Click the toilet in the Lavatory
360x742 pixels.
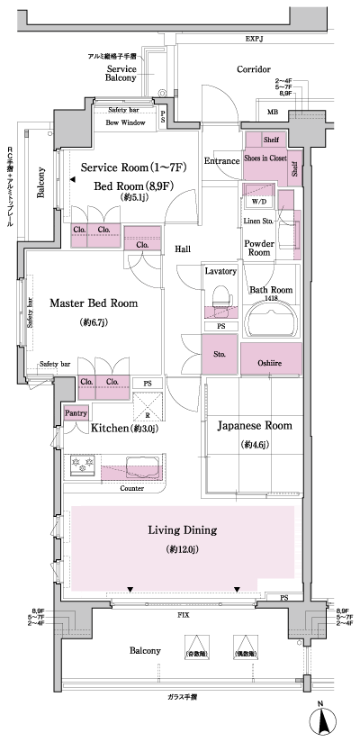pos(220,296)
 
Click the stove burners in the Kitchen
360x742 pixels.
pos(82,466)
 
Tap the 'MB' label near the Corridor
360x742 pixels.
pos(273,113)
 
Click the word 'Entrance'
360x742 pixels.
pos(221,161)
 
